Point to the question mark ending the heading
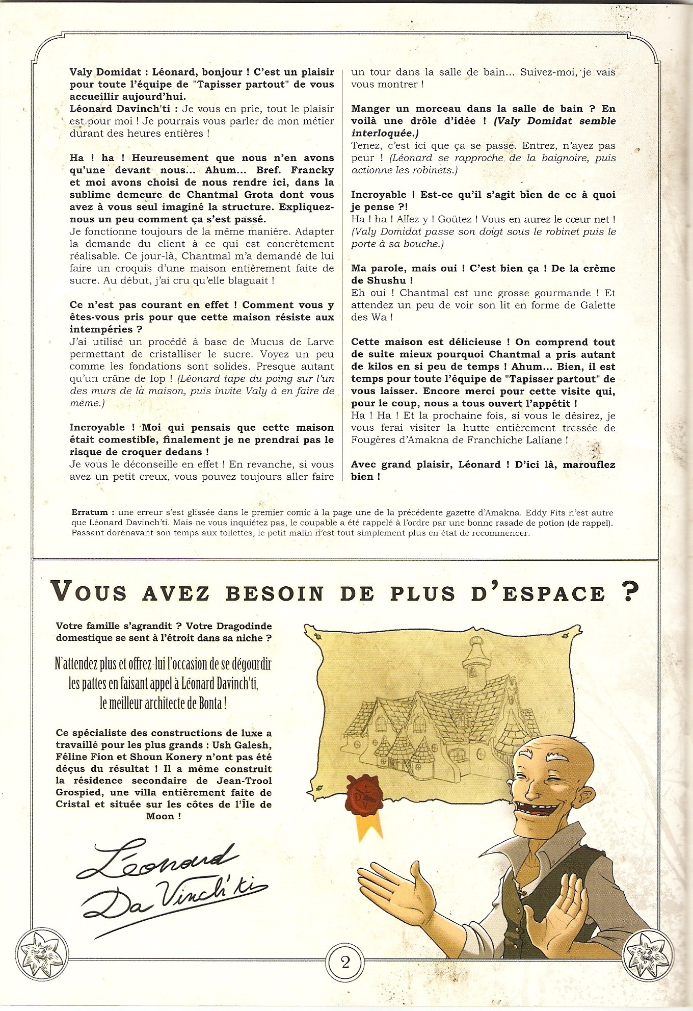(x=630, y=591)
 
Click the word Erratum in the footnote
(x=90, y=512)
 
